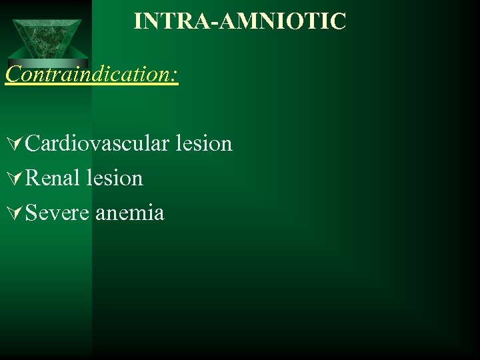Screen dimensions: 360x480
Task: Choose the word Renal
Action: pos(51,179)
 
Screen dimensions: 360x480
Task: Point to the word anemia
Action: pos(130,213)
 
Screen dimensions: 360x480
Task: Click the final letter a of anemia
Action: pos(159,215)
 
